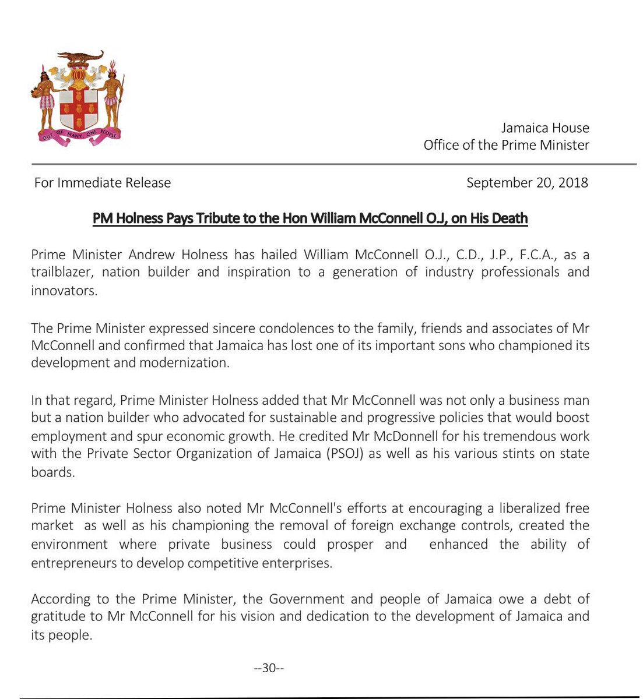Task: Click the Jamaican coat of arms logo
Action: (x=78, y=96)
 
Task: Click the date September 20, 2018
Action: (x=527, y=182)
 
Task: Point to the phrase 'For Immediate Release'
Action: (x=103, y=182)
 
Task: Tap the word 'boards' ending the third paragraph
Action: (x=52, y=472)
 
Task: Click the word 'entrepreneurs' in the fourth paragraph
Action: (x=74, y=563)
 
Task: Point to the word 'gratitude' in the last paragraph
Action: (x=61, y=616)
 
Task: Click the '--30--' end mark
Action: (x=269, y=668)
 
